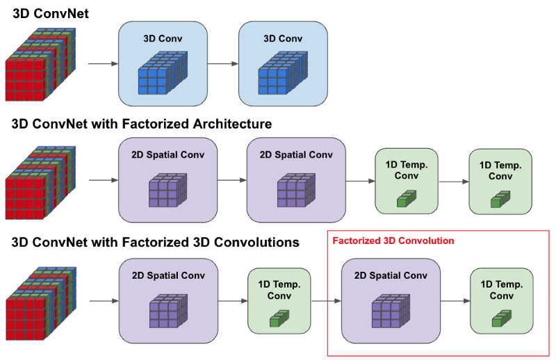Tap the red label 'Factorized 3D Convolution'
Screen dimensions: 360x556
click(x=393, y=240)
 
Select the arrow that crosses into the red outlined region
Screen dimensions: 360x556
click(x=326, y=301)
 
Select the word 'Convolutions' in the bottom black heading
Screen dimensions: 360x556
click(x=257, y=243)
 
